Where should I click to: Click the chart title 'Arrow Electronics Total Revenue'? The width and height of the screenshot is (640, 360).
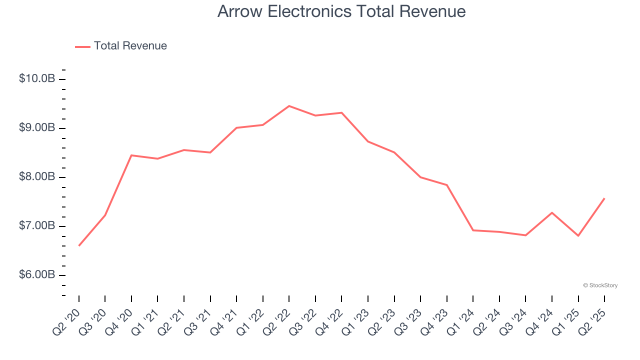pyautogui.click(x=341, y=11)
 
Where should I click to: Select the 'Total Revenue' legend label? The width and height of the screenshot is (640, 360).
pyautogui.click(x=130, y=46)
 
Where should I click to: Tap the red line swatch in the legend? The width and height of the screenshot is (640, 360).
pyautogui.click(x=82, y=46)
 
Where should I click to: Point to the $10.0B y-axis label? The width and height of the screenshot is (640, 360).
pyautogui.click(x=37, y=79)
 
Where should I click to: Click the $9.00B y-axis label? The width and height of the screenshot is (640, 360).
pyautogui.click(x=37, y=128)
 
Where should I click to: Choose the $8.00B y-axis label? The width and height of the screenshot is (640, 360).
pyautogui.click(x=37, y=177)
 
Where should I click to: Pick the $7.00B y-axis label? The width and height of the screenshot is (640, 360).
pyautogui.click(x=37, y=226)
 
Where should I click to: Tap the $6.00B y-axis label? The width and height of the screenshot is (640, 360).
pyautogui.click(x=37, y=275)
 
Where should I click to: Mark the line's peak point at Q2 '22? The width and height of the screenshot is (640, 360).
pyautogui.click(x=289, y=106)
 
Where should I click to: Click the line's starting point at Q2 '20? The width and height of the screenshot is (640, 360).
pyautogui.click(x=79, y=245)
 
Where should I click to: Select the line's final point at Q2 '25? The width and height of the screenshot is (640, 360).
pyautogui.click(x=604, y=198)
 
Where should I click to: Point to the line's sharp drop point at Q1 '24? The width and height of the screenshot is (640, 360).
pyautogui.click(x=473, y=230)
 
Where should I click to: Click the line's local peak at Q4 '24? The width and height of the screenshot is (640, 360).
pyautogui.click(x=552, y=212)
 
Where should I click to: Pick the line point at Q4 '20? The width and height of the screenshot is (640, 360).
pyautogui.click(x=131, y=155)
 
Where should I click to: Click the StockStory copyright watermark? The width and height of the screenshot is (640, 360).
pyautogui.click(x=600, y=285)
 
